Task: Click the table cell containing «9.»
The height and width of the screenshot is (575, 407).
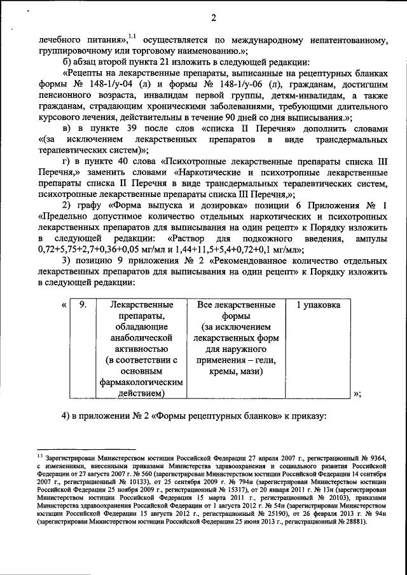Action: pos(82,306)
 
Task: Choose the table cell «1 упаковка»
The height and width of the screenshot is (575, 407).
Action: pos(318,306)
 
